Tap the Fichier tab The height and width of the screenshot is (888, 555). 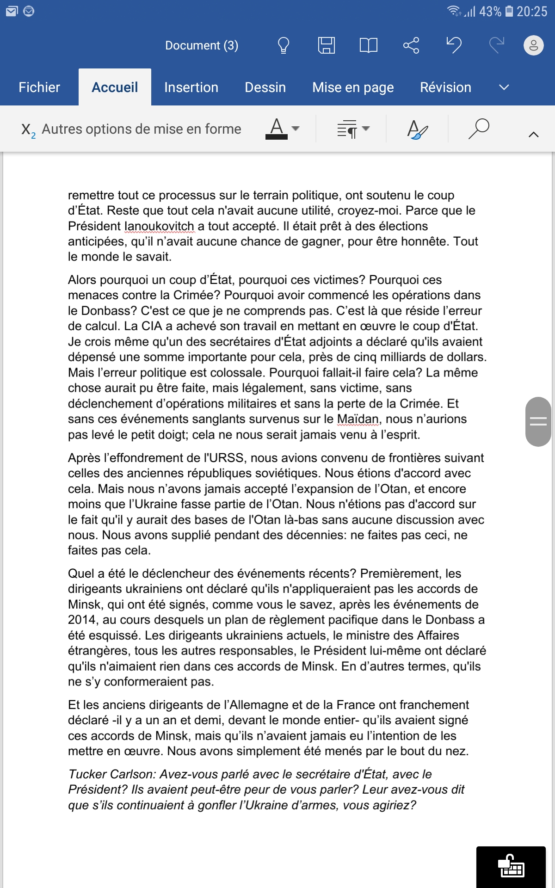point(39,87)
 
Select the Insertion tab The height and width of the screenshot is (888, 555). point(191,87)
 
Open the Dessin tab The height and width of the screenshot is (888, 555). point(265,87)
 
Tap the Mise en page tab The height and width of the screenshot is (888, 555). point(353,87)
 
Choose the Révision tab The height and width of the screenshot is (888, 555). point(445,87)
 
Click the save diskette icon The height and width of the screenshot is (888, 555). point(326,45)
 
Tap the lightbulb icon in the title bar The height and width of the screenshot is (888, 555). point(283,45)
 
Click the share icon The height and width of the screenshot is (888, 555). point(411,45)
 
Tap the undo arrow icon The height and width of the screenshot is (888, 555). point(454,45)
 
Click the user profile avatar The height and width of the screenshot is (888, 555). point(533,45)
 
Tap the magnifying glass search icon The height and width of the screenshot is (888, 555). point(479,129)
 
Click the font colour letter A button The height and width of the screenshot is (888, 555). point(277,129)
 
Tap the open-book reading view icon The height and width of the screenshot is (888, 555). point(369,45)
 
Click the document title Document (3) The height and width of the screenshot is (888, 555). point(202,45)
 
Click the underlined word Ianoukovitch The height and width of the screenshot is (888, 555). point(160,226)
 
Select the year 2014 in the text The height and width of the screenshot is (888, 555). point(82,620)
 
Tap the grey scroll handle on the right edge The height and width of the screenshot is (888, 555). point(538,421)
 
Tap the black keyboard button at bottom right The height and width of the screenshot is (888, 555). point(511,866)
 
